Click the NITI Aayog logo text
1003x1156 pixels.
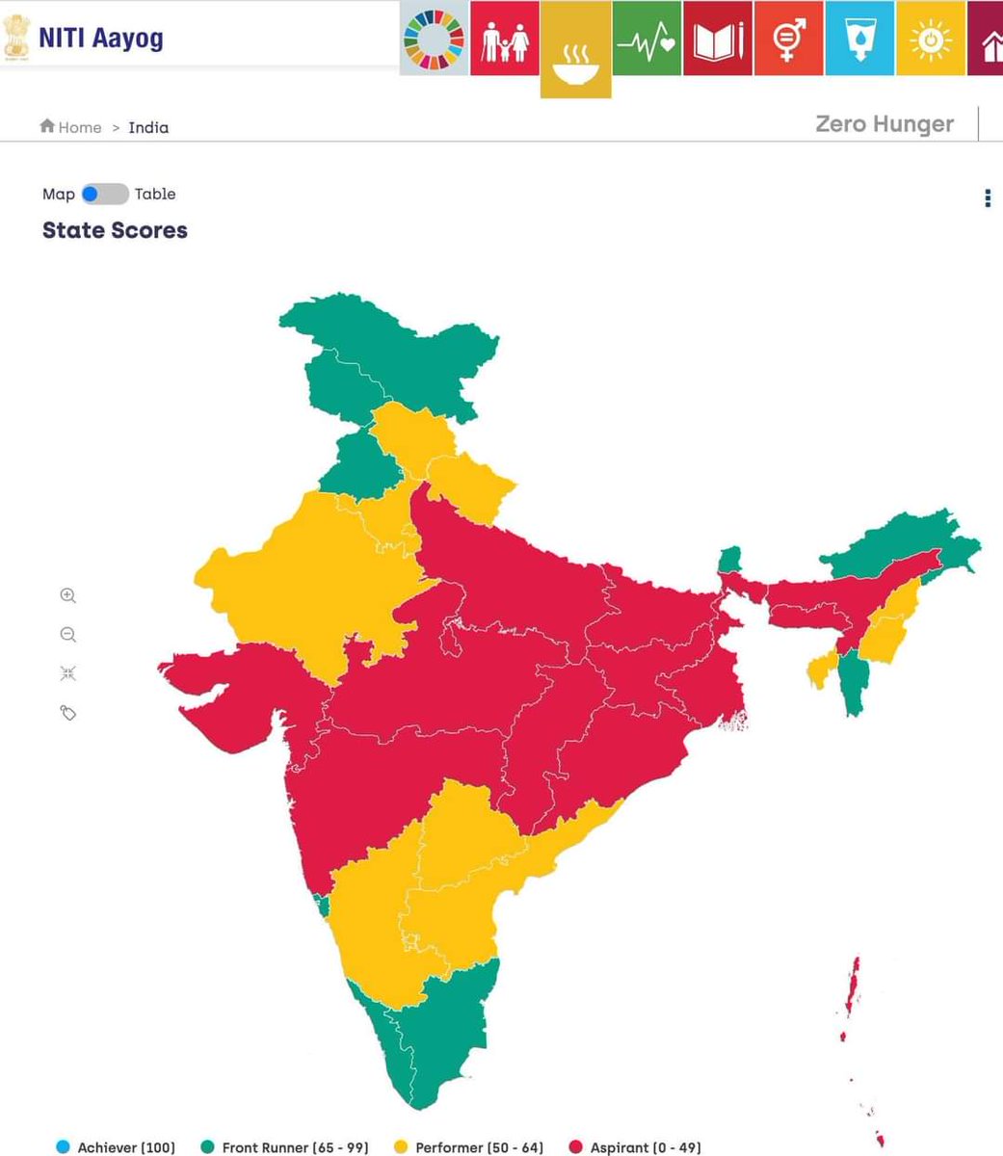[100, 39]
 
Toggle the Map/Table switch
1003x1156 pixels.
[104, 195]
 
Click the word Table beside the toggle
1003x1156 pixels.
[155, 195]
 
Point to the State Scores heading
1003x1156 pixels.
[115, 230]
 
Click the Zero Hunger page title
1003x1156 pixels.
[884, 124]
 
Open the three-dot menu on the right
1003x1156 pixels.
[987, 198]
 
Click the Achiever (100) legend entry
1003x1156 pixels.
[115, 1147]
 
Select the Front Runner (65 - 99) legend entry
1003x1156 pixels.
[284, 1147]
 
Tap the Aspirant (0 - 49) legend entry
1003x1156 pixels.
[635, 1147]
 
